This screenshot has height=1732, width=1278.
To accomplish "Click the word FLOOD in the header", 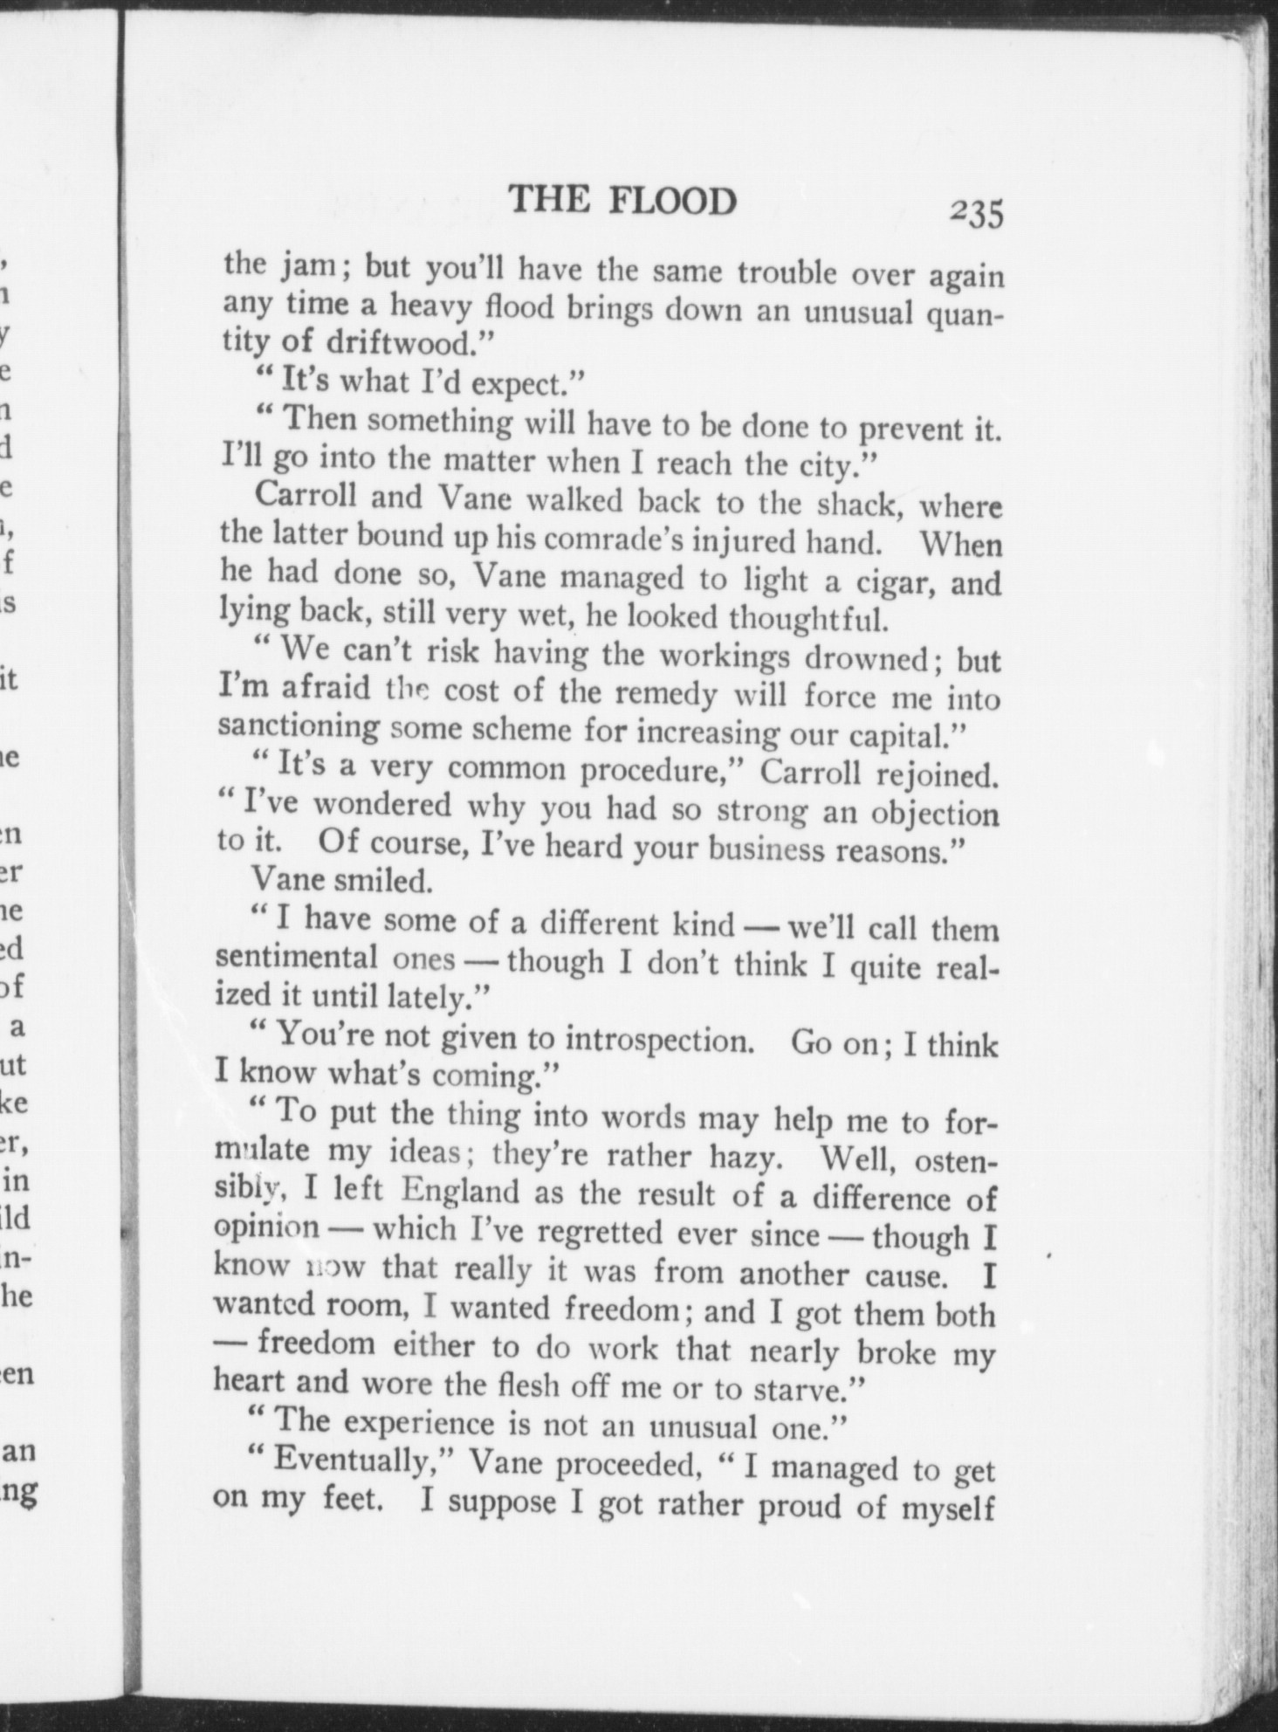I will coord(673,201).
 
